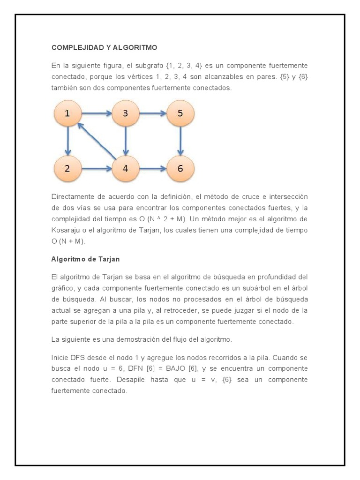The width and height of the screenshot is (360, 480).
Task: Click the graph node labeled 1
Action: click(x=67, y=113)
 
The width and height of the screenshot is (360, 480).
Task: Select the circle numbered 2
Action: click(x=67, y=169)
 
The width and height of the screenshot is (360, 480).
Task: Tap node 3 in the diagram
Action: click(x=125, y=113)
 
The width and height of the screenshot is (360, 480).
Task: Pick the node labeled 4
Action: click(x=125, y=169)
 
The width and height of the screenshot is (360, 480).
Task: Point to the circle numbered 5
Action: click(x=180, y=113)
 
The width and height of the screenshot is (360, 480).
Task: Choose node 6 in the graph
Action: click(x=180, y=169)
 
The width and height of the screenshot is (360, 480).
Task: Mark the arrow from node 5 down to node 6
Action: click(x=180, y=141)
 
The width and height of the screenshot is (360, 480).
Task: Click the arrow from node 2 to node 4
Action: click(x=97, y=169)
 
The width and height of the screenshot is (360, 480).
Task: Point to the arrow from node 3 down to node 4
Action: click(x=125, y=141)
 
